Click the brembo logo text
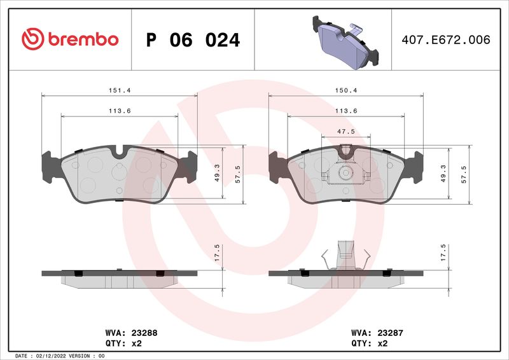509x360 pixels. [x=81, y=39]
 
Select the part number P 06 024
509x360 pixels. [x=193, y=40]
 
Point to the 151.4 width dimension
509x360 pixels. [x=119, y=90]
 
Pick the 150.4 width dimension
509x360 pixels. [x=346, y=90]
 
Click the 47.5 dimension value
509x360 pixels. [x=346, y=131]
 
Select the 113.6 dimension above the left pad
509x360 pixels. [x=119, y=111]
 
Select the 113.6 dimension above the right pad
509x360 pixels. [x=346, y=111]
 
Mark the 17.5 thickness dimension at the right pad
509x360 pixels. [x=443, y=252]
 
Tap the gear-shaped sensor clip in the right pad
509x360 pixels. [x=345, y=172]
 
